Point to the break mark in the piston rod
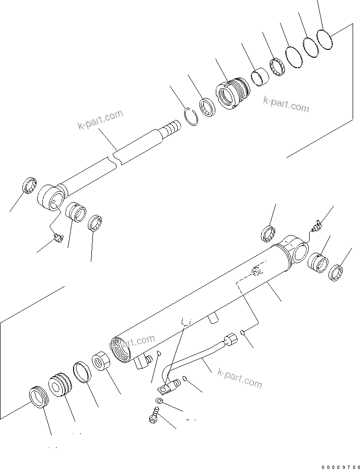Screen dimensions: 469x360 click(x=117, y=160)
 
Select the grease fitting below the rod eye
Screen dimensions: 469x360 click(x=58, y=239)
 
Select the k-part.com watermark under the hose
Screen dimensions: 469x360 click(x=240, y=379)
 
